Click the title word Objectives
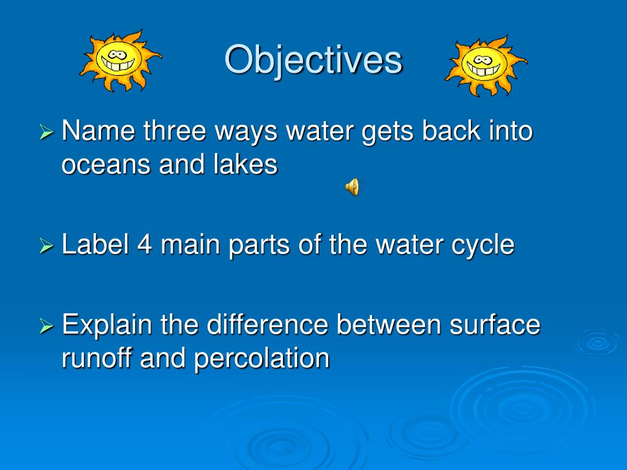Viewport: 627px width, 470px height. pyautogui.click(x=313, y=60)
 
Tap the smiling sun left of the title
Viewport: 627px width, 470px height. pyautogui.click(x=120, y=59)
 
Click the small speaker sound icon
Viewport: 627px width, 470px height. pyautogui.click(x=352, y=187)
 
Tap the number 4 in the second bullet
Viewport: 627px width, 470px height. pyautogui.click(x=145, y=245)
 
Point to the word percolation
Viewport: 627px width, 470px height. pyautogui.click(x=262, y=359)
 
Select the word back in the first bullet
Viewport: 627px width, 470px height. pyautogui.click(x=437, y=132)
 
